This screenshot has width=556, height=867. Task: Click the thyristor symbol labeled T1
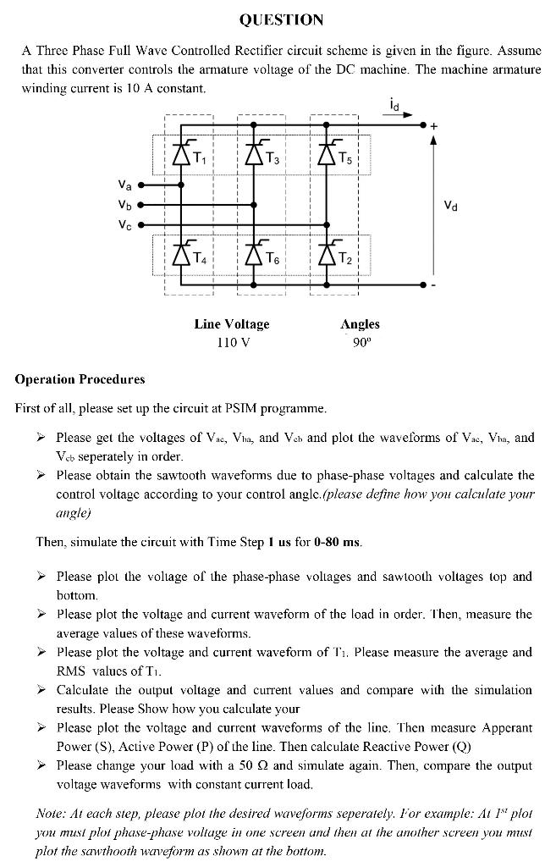click(x=180, y=154)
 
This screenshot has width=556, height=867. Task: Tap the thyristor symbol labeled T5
click(x=326, y=154)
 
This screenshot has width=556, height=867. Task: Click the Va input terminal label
click(x=124, y=185)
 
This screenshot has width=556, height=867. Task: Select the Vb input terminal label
click(x=124, y=204)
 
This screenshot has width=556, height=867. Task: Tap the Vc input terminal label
click(x=124, y=224)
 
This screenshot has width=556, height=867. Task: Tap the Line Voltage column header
click(x=232, y=324)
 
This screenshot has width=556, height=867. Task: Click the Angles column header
click(x=360, y=324)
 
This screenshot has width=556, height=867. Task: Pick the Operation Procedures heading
click(x=80, y=379)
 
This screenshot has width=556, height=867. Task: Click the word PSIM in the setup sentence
click(x=239, y=408)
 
